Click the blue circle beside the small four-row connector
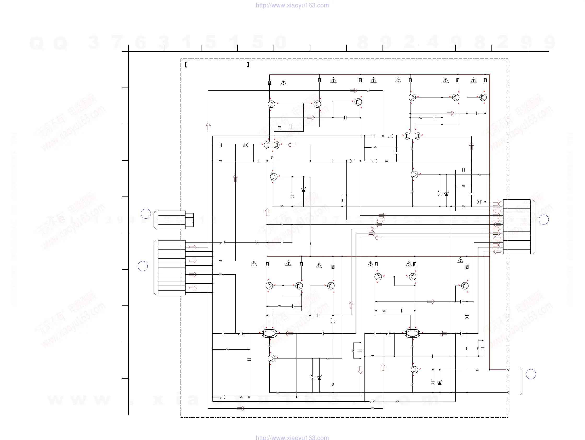click(146, 214)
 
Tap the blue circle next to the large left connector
click(143, 266)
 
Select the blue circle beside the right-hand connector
click(544, 219)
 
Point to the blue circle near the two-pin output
click(531, 374)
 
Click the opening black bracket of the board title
click(186, 65)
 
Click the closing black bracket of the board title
click(248, 65)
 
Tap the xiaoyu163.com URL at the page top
click(292, 5)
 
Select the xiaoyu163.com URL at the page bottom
click(292, 437)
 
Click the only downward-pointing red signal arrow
click(360, 370)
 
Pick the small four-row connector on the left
click(172, 220)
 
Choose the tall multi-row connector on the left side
click(172, 267)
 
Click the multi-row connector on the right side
click(517, 227)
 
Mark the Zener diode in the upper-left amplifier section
click(303, 190)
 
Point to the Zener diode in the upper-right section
click(447, 194)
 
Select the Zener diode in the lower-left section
click(319, 378)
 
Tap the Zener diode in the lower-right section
click(439, 383)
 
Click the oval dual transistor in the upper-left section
click(272, 145)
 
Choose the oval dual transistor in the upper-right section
click(412, 136)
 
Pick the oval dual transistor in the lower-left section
click(269, 333)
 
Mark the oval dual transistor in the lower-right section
click(412, 333)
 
